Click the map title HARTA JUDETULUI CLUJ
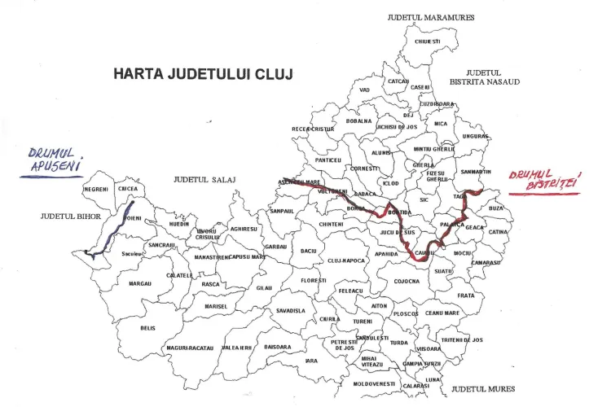click(203, 75)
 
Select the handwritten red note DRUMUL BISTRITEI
click(541, 182)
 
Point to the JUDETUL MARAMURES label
click(431, 17)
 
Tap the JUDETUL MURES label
click(484, 390)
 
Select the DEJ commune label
click(408, 116)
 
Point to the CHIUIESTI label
click(427, 42)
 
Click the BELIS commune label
click(147, 328)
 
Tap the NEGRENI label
click(96, 189)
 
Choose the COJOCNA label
click(407, 281)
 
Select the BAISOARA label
click(278, 347)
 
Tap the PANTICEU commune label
click(328, 160)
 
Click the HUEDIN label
click(179, 223)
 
